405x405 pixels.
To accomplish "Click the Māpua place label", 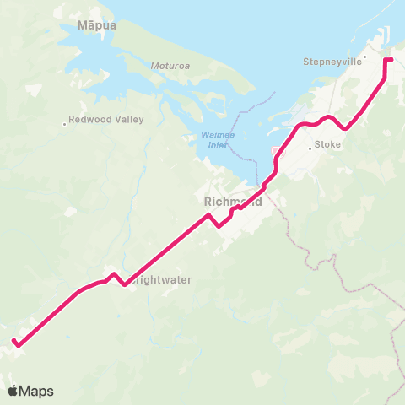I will (96, 26).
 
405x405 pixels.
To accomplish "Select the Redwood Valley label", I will (106, 120).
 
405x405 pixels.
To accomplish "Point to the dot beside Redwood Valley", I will (65, 124).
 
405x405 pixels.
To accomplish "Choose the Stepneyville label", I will (332, 62).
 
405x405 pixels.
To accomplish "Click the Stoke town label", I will (328, 145).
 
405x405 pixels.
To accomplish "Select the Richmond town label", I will (233, 202).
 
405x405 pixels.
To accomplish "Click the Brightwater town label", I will (160, 278).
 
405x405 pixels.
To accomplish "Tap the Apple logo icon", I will (13, 391).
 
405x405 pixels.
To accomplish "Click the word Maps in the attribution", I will (36, 391).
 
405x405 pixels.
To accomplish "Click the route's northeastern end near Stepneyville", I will (391, 60).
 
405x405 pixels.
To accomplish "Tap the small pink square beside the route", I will (274, 152).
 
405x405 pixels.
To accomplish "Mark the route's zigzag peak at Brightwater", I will (114, 274).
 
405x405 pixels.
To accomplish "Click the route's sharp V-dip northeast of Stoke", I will (345, 130).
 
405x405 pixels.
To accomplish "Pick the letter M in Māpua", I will (83, 26).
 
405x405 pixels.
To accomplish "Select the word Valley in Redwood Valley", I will (129, 120).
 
